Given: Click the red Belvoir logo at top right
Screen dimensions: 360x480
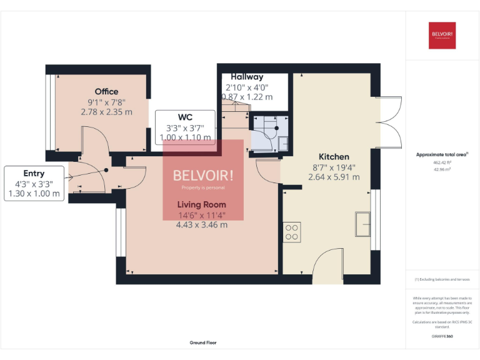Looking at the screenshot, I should [x=442, y=35].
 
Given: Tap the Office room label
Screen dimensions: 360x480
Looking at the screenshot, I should [x=106, y=92].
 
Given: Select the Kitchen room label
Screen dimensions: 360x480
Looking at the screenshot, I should [x=334, y=156].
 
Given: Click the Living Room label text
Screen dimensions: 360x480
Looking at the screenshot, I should [x=201, y=204].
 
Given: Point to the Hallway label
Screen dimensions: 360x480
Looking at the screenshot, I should [x=247, y=77].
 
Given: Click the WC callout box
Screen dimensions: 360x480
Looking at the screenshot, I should [x=185, y=127].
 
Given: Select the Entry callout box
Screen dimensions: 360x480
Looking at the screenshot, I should [x=34, y=183].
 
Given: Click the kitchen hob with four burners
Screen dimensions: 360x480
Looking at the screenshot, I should [x=292, y=232].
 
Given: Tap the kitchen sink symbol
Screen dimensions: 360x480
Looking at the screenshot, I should [x=363, y=224].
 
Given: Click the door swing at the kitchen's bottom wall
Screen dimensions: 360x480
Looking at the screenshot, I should [x=328, y=266].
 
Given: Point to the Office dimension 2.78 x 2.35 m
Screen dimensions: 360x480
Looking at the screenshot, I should [x=106, y=112].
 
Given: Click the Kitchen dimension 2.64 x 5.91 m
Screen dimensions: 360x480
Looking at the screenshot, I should [x=334, y=177].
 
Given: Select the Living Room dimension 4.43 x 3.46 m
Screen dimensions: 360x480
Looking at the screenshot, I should [x=201, y=225].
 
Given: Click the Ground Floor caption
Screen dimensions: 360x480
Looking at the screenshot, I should [x=203, y=342].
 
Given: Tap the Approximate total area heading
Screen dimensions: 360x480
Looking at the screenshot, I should [x=442, y=154].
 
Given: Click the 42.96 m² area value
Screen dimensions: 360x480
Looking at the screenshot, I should [x=442, y=169].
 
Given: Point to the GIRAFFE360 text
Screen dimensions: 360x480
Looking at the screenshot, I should [x=442, y=336].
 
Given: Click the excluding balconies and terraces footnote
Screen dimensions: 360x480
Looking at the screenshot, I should [x=442, y=279].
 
